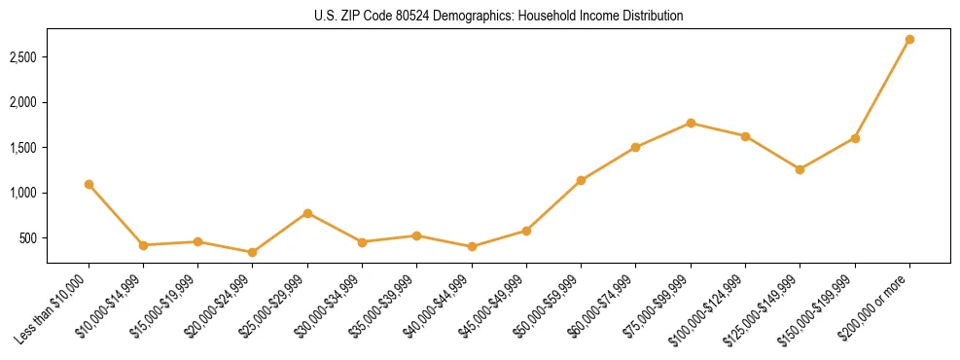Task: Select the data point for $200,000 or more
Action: [909, 40]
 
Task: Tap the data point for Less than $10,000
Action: [89, 184]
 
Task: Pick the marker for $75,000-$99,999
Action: [691, 123]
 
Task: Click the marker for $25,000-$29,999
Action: [307, 213]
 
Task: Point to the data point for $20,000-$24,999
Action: [253, 252]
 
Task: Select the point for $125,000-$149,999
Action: [800, 169]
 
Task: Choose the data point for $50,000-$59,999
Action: [581, 180]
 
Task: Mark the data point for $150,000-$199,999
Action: [855, 138]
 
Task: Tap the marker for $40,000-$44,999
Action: [472, 247]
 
